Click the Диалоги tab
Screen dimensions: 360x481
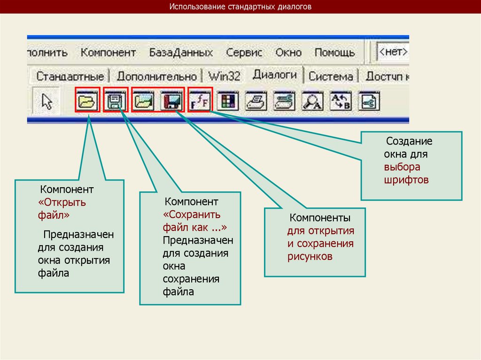(275, 74)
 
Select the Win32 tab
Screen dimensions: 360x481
(224, 76)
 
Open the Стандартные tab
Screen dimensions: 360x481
(70, 76)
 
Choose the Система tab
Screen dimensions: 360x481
(331, 76)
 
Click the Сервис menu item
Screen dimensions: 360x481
(244, 53)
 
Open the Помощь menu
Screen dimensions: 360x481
(334, 53)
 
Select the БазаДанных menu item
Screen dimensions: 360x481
(181, 53)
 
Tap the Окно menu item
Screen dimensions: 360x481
(288, 53)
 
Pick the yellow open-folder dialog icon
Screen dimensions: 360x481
(87, 100)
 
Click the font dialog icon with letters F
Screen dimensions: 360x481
(200, 100)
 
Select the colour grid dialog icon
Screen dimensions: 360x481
(228, 100)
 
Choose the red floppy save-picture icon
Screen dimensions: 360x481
(171, 100)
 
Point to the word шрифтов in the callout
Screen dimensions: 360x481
(406, 180)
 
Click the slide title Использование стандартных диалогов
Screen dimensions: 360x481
(240, 7)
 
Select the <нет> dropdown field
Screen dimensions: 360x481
(393, 52)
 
